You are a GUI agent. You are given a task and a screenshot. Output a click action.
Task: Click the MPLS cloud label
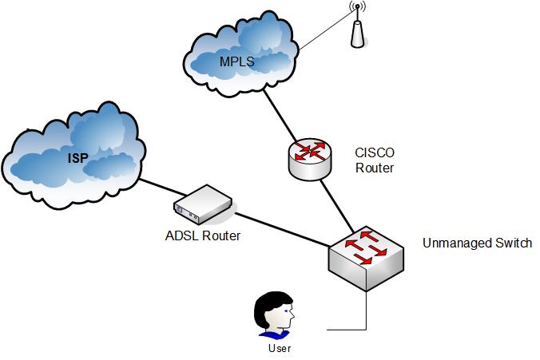tap(237, 61)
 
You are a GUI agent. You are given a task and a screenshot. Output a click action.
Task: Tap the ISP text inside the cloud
tap(78, 158)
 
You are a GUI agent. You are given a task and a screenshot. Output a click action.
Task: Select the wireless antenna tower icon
tap(358, 25)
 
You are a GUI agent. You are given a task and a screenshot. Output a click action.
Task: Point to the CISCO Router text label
tap(375, 160)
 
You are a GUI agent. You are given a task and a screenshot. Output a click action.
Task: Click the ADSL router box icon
tap(203, 204)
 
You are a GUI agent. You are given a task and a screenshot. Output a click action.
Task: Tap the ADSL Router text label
tap(203, 235)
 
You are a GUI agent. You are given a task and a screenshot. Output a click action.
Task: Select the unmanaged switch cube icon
tap(366, 258)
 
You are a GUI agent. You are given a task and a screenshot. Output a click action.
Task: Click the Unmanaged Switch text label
tap(477, 243)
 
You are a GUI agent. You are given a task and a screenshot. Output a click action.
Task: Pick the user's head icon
tap(275, 311)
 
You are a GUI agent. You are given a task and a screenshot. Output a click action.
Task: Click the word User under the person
tap(280, 348)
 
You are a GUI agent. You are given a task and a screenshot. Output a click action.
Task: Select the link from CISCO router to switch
tap(337, 205)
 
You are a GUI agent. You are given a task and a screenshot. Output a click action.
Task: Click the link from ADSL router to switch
tap(283, 230)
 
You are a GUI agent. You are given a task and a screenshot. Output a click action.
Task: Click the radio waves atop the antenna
tap(358, 6)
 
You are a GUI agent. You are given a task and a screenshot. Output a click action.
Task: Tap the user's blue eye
tap(287, 311)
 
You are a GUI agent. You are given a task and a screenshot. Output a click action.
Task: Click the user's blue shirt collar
tap(275, 334)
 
